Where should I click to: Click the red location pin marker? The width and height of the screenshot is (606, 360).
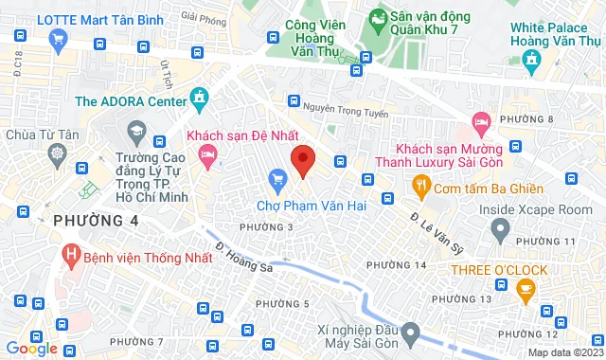302,160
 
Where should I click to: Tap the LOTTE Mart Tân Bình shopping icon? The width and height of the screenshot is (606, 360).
58,39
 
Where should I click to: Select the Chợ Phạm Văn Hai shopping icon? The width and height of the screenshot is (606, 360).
277,178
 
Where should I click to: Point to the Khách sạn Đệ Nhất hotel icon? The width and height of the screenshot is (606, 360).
206,153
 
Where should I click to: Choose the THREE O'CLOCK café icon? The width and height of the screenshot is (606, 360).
526,294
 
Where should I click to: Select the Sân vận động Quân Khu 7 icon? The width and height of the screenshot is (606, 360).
377,17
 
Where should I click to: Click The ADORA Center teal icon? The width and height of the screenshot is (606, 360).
198,96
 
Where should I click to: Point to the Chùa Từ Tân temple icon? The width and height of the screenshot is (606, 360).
58,153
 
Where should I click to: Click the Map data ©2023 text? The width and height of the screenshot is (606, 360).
563,352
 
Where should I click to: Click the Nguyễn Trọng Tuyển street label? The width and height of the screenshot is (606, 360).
349,110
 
